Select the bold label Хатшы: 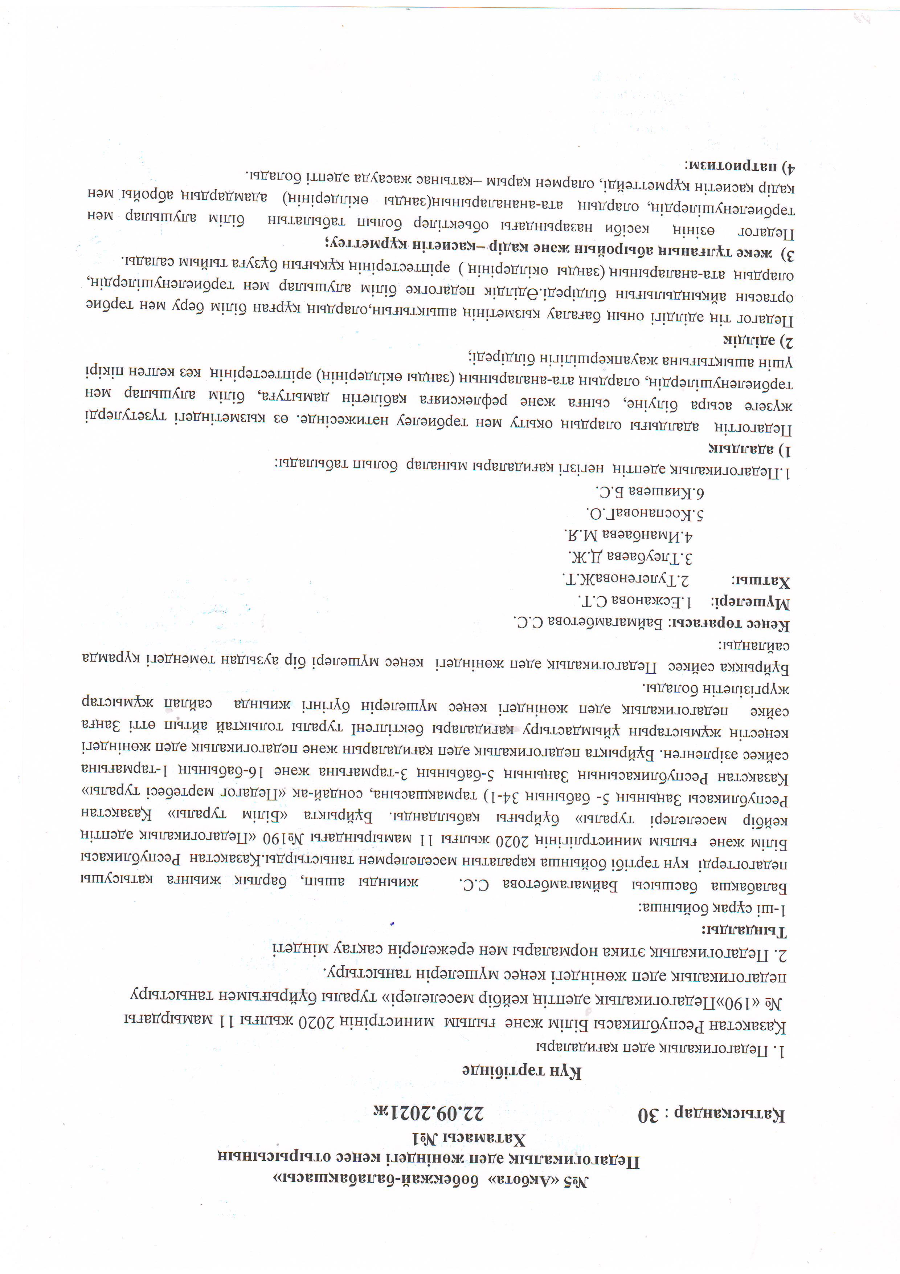761,581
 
